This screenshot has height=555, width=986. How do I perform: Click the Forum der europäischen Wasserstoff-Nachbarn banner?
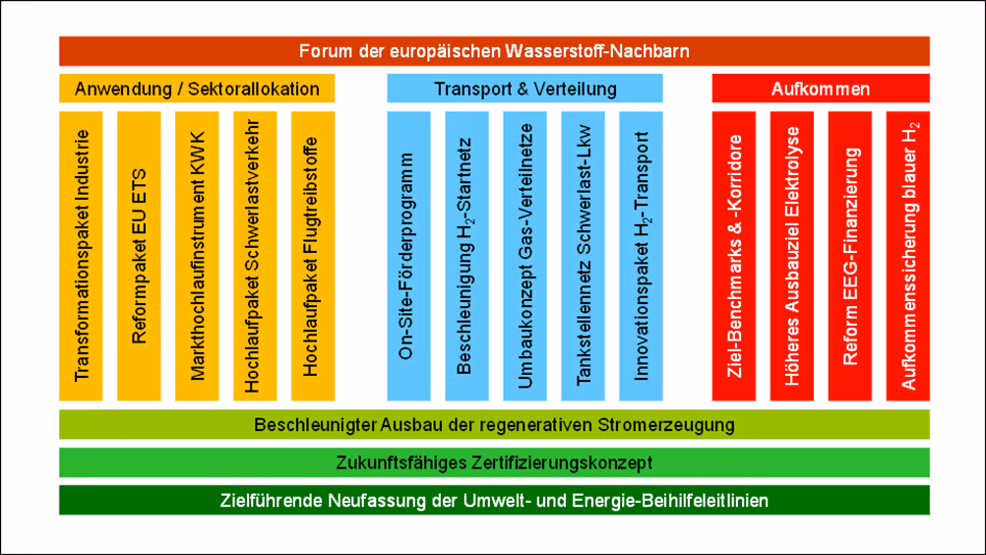click(x=494, y=50)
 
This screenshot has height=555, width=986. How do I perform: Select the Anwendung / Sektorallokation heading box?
click(x=197, y=89)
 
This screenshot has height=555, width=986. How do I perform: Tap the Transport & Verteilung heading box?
click(x=525, y=89)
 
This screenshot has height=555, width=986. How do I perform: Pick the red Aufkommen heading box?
click(x=820, y=89)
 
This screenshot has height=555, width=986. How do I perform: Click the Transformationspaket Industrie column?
click(x=81, y=256)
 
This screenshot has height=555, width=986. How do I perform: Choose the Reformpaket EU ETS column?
click(x=139, y=256)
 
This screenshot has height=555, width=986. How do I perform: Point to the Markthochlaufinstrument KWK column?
click(x=197, y=256)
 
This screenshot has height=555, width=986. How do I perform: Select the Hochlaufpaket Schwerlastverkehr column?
click(x=255, y=256)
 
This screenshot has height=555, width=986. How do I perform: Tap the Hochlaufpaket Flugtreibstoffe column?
click(x=313, y=256)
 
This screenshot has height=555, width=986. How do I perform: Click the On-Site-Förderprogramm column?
click(x=408, y=256)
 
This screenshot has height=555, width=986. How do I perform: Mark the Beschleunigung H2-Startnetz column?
click(x=466, y=256)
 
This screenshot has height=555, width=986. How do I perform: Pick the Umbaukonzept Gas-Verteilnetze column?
click(x=524, y=256)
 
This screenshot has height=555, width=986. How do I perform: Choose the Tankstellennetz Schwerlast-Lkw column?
click(x=583, y=256)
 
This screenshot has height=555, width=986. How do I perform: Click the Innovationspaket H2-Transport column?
click(x=641, y=256)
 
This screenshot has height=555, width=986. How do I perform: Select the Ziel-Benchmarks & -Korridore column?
click(x=734, y=256)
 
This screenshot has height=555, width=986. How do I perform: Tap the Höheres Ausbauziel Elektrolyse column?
click(x=792, y=256)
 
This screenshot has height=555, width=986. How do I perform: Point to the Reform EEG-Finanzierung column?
click(x=850, y=256)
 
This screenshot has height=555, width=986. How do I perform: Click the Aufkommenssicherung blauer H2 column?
click(x=908, y=256)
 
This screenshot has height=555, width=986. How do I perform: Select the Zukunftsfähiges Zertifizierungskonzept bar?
click(x=494, y=462)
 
